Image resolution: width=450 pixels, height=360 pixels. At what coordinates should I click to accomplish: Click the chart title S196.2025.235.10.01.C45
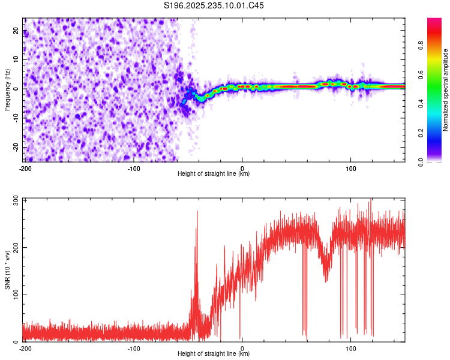pos(214,5)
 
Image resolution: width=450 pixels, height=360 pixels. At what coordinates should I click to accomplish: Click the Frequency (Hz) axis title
pos(7,89)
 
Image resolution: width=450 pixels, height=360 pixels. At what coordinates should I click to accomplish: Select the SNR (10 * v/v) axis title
pos(7,269)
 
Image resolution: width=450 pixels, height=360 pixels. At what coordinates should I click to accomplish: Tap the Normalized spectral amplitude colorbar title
pos(446,90)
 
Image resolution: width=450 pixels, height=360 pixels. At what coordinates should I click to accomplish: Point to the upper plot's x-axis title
pos(214,173)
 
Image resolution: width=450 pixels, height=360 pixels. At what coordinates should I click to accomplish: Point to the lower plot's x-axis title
pos(214,353)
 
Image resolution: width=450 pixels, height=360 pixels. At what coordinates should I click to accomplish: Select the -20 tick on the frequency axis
pos(16,147)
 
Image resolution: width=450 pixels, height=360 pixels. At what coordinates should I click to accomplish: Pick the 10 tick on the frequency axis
pos(17,60)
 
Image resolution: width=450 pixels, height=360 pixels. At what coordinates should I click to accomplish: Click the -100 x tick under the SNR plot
pos(134,347)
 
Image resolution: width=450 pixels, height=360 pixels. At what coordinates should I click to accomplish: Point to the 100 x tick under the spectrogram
pos(351,167)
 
